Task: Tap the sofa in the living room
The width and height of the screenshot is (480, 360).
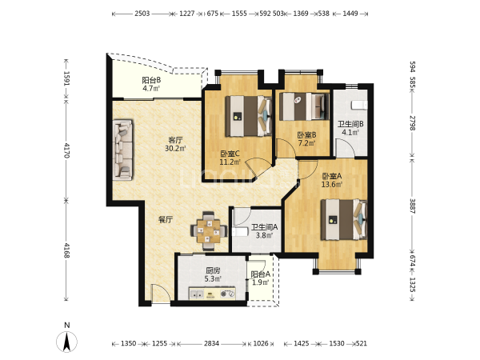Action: click(x=122, y=150)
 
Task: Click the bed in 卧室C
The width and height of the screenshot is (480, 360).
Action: click(x=249, y=116)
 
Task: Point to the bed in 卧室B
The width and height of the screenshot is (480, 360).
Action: click(x=304, y=106)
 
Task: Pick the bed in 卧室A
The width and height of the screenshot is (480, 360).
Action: click(x=344, y=219)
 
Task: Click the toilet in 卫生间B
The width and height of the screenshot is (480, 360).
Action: click(x=359, y=105)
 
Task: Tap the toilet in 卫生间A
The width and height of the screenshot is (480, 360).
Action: click(x=240, y=232)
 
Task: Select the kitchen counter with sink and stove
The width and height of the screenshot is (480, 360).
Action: click(x=212, y=294)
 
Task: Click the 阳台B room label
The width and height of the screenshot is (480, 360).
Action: click(x=151, y=81)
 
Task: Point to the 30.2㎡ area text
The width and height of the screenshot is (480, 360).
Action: click(x=176, y=149)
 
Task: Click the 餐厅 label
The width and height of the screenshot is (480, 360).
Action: click(x=166, y=219)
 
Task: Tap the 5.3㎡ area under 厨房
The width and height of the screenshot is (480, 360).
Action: click(x=213, y=279)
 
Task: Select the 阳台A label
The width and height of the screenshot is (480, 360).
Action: click(x=260, y=274)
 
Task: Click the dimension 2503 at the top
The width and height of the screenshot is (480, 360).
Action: click(x=142, y=14)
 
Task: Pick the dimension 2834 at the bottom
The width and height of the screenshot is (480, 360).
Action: click(x=211, y=343)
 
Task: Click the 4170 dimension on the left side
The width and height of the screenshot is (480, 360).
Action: click(x=66, y=150)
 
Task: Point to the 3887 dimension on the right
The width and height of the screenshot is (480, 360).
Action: click(x=413, y=206)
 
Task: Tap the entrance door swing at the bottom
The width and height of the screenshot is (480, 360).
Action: click(x=161, y=294)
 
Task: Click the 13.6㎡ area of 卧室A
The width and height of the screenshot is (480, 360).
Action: click(x=331, y=184)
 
